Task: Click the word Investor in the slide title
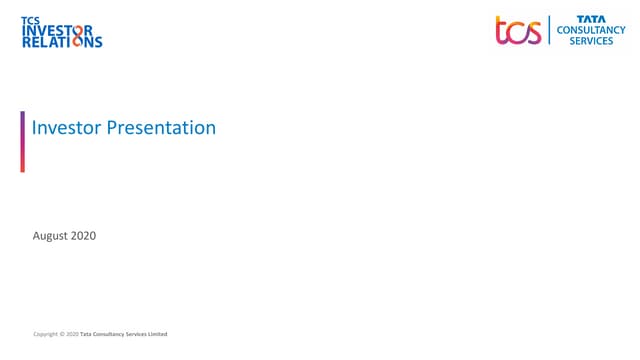click(x=67, y=128)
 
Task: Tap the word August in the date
click(x=51, y=236)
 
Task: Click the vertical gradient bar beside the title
click(x=23, y=141)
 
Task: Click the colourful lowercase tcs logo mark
click(x=518, y=30)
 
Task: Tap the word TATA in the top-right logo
click(x=590, y=18)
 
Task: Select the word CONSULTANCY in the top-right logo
click(x=591, y=30)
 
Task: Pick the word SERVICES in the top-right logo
click(x=591, y=42)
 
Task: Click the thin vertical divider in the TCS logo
click(x=549, y=30)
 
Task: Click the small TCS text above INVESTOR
click(x=30, y=19)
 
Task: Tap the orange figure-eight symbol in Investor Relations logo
click(x=81, y=36)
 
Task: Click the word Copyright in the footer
click(x=45, y=333)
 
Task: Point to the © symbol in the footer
click(x=62, y=333)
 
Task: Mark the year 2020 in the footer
click(x=72, y=333)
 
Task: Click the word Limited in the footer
click(x=158, y=333)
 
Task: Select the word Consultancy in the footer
click(x=110, y=333)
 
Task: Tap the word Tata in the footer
click(x=86, y=333)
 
